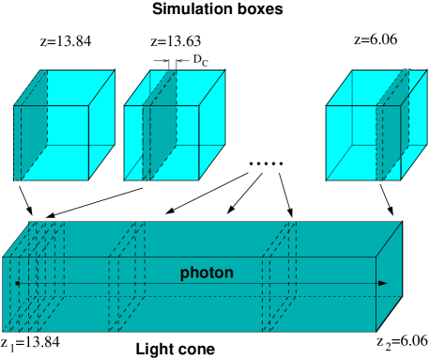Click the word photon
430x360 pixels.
[207, 274]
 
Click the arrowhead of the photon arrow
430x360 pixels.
[382, 283]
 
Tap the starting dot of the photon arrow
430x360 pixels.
[17, 283]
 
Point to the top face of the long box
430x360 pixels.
[207, 239]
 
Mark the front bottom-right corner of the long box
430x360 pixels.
[376, 331]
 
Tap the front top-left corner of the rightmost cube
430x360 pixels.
[327, 105]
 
